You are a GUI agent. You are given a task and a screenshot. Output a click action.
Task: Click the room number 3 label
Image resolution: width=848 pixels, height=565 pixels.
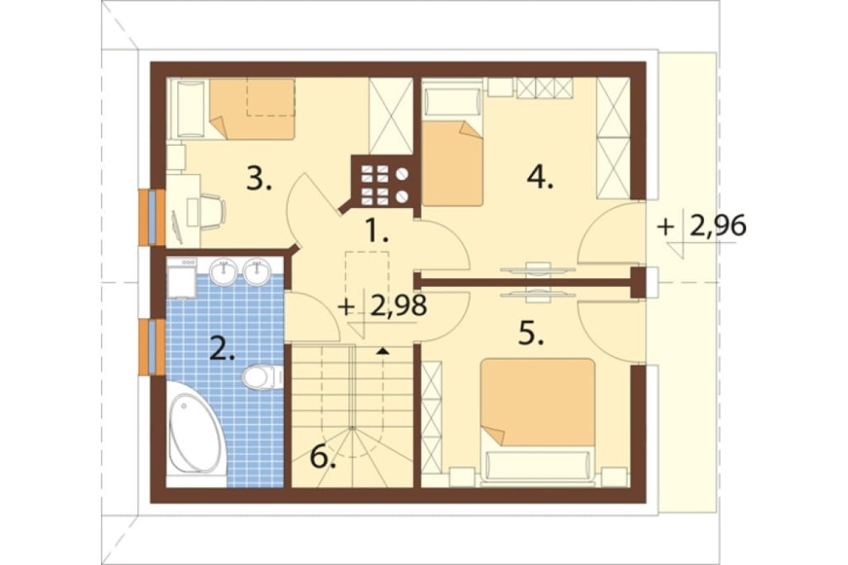click(x=259, y=179)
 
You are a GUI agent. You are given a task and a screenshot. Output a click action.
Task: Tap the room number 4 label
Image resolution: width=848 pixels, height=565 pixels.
click(x=540, y=176)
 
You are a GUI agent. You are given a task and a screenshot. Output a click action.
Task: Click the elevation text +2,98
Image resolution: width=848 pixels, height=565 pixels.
click(x=382, y=306)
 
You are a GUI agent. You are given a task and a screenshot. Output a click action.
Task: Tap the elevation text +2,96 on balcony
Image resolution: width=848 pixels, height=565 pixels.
click(x=701, y=226)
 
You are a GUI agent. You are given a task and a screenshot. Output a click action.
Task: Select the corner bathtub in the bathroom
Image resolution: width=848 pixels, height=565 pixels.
click(x=195, y=433)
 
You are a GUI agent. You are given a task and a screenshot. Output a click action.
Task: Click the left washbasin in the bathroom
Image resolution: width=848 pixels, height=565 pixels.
click(x=223, y=271)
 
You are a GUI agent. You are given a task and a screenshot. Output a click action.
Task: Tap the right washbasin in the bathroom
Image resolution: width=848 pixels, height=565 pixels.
click(x=256, y=271)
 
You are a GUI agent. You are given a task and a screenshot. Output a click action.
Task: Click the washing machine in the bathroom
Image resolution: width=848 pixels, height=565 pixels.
click(x=181, y=278)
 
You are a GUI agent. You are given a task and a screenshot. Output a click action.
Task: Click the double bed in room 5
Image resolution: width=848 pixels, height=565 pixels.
click(x=538, y=419)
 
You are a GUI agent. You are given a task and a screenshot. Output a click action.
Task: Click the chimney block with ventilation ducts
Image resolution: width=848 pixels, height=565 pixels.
click(x=383, y=182)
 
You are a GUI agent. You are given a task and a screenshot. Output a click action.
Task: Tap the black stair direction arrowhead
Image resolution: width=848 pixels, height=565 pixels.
click(x=383, y=351)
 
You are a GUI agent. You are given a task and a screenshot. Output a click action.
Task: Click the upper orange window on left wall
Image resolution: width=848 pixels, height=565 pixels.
click(x=152, y=217)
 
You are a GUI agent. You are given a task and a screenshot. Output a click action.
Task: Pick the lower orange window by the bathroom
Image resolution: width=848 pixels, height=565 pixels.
click(x=152, y=347)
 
